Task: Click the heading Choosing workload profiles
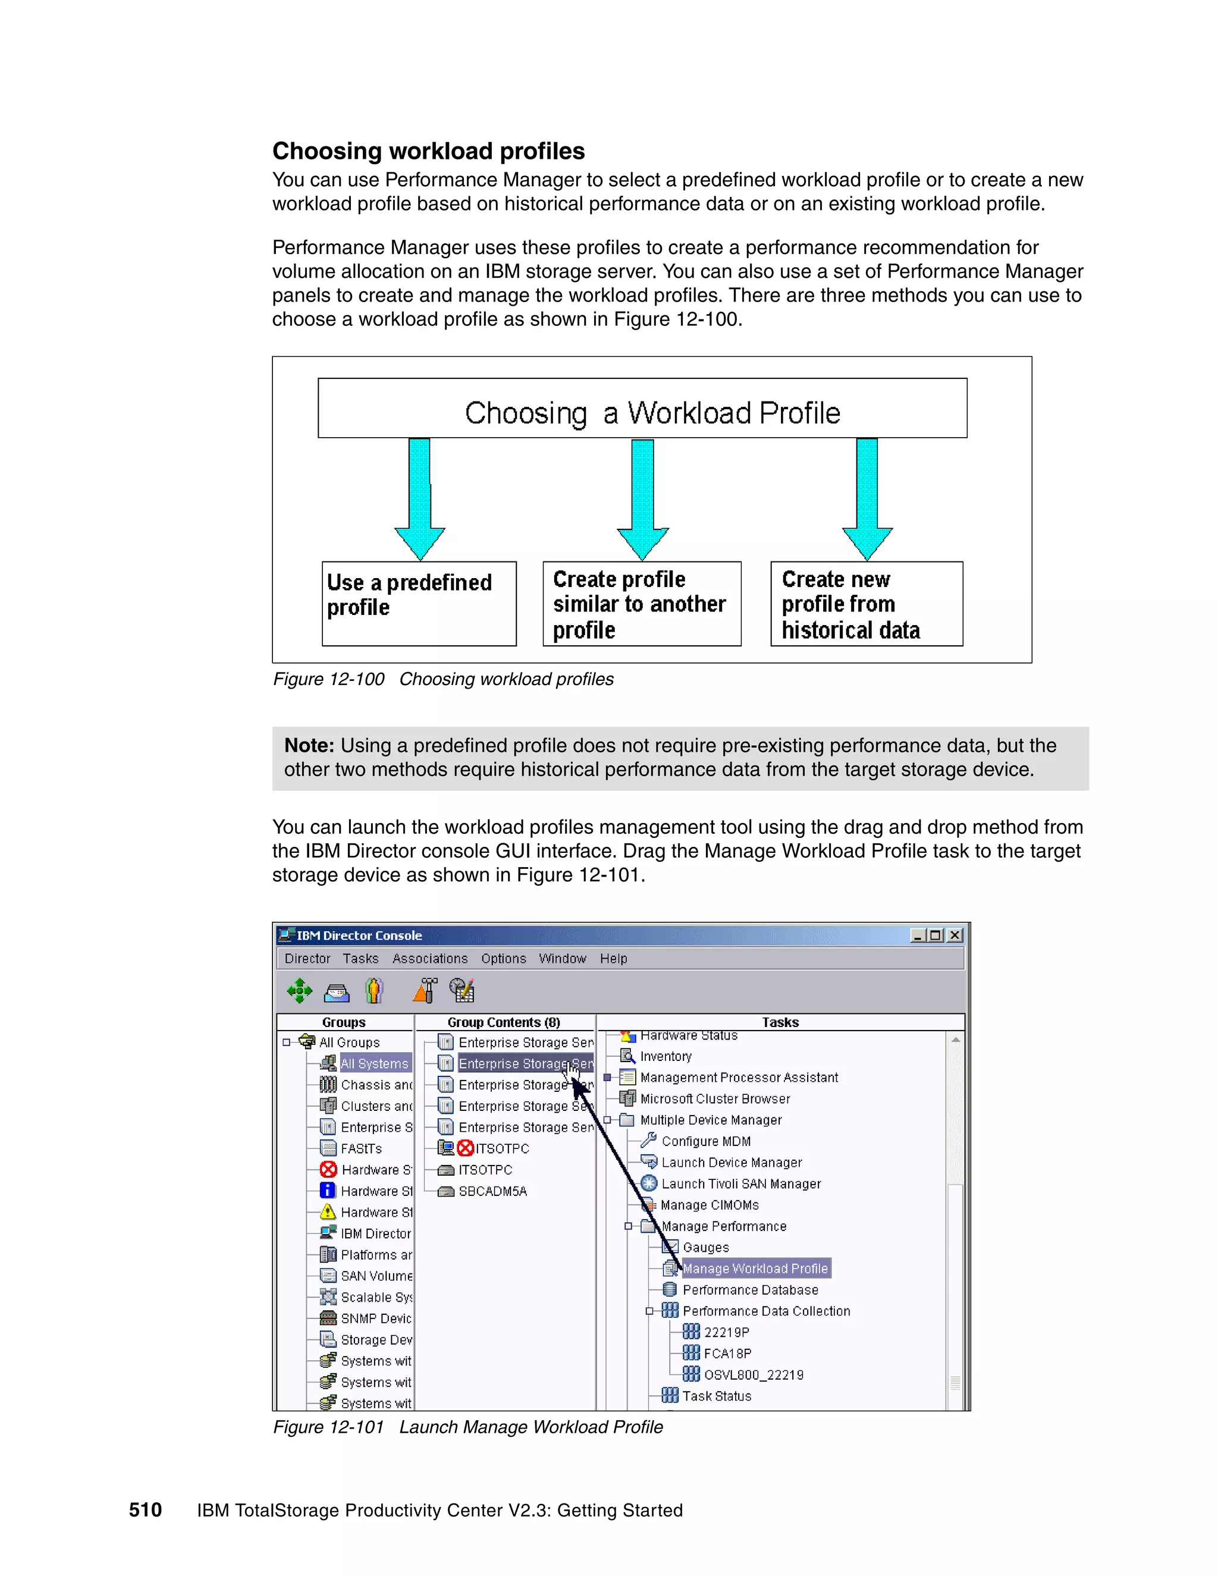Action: pyautogui.click(x=428, y=151)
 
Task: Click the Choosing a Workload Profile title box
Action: pyautogui.click(x=642, y=409)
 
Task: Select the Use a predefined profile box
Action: pyautogui.click(x=419, y=603)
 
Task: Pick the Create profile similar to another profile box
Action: pyautogui.click(x=642, y=603)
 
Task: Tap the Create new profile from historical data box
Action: pyautogui.click(x=866, y=603)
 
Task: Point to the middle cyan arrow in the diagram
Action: pyautogui.click(x=642, y=498)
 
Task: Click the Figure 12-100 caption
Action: pyautogui.click(x=442, y=679)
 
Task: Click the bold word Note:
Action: pyautogui.click(x=309, y=745)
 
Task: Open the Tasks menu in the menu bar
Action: pyautogui.click(x=360, y=958)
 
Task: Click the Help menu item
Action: pyautogui.click(x=613, y=958)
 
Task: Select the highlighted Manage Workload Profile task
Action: pyautogui.click(x=755, y=1268)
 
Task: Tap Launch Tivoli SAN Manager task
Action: pyautogui.click(x=740, y=1183)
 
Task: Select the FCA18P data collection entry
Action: pyautogui.click(x=727, y=1353)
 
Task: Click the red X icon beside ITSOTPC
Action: pyautogui.click(x=466, y=1148)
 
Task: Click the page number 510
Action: pyautogui.click(x=145, y=1509)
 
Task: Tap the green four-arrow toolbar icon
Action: pyautogui.click(x=300, y=991)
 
